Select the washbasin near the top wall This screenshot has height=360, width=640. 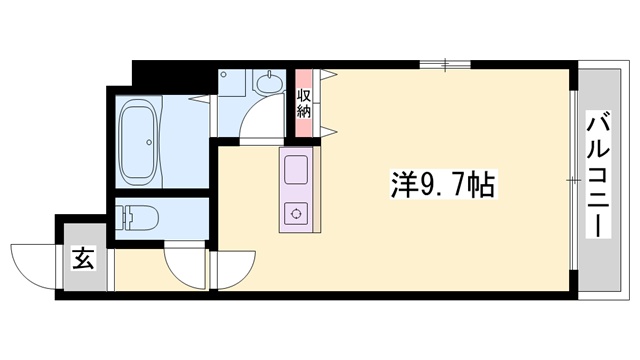pos(267,82)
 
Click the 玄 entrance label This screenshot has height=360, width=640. pos(82,262)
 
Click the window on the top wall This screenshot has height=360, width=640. pos(445,66)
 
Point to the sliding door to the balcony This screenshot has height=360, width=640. pos(573,180)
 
